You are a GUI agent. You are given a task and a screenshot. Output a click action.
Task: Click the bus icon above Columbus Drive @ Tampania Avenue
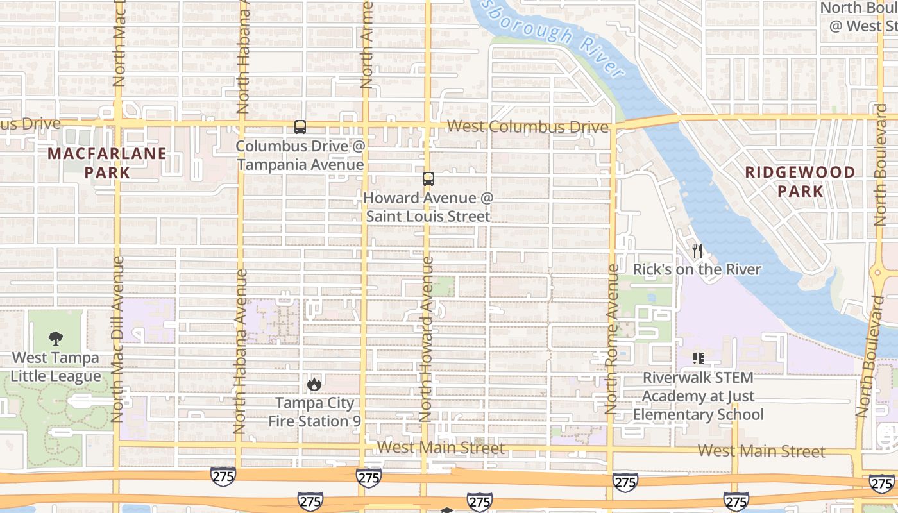click(x=300, y=127)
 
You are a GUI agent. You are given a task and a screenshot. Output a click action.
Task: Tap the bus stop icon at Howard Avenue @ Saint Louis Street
click(x=428, y=179)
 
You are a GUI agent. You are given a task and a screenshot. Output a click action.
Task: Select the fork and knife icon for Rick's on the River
click(x=697, y=251)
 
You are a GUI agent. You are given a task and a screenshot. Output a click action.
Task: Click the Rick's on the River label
click(x=697, y=269)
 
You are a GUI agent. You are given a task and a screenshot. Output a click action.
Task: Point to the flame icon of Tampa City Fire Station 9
click(x=314, y=384)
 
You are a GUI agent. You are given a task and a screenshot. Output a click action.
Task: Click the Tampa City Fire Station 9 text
click(x=314, y=412)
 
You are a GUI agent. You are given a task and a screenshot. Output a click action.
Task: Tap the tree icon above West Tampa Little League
click(x=56, y=339)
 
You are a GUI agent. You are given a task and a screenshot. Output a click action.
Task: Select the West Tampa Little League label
click(x=56, y=367)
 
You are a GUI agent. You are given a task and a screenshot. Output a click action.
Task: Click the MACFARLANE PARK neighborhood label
click(x=107, y=163)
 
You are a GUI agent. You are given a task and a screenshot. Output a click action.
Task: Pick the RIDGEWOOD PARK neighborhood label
click(x=800, y=181)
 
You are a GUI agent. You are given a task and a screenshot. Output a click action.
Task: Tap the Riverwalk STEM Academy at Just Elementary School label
click(x=698, y=396)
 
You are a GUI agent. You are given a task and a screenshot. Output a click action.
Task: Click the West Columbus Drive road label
click(x=527, y=127)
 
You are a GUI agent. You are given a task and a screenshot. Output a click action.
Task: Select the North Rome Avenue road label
click(x=613, y=339)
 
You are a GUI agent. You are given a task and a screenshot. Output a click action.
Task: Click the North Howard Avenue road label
click(x=427, y=339)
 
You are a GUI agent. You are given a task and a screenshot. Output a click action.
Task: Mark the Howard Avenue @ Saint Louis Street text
click(x=428, y=207)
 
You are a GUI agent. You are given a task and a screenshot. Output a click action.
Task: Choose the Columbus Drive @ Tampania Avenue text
click(x=300, y=155)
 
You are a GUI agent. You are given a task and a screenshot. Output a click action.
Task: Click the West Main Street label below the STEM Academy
click(x=761, y=451)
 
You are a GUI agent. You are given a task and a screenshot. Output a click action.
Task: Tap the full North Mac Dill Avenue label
click(x=117, y=339)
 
